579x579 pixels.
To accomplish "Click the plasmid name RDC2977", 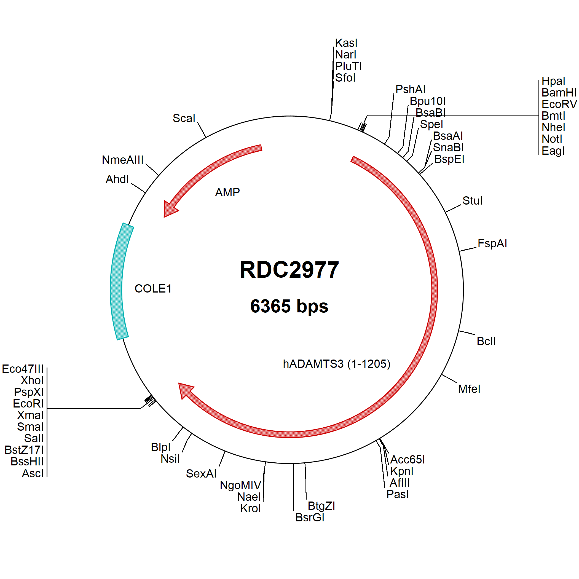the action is (289, 270).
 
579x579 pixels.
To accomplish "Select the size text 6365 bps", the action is (289, 306).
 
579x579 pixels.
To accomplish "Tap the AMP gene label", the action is (227, 192).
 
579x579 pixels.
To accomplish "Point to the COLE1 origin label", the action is (153, 289).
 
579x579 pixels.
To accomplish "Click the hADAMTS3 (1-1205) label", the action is (337, 364).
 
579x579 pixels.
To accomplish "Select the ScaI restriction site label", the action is (184, 118).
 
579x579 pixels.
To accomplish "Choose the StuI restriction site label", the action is (472, 201).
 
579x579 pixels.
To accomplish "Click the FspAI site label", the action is (492, 243).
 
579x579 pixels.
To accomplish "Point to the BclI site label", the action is (486, 341).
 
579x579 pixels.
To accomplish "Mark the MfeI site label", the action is (469, 389).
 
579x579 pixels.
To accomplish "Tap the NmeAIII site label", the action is (123, 160).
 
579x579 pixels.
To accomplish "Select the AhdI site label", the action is (117, 179).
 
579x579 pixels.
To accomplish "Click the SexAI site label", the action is (201, 473).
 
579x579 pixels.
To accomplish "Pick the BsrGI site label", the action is (310, 517).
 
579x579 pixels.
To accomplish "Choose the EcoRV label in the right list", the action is (559, 104).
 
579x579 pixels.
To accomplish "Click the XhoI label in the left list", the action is (32, 380).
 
